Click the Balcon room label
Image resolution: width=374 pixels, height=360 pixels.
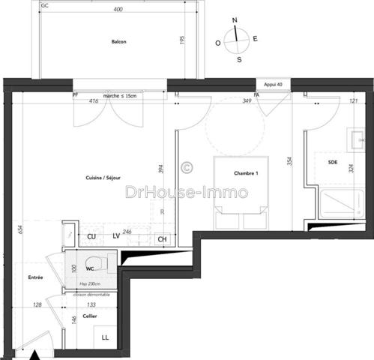(x=117, y=42)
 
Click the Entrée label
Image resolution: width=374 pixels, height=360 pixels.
(x=35, y=278)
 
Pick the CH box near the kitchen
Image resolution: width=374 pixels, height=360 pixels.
(x=162, y=239)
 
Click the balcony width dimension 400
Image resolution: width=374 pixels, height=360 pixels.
(x=117, y=10)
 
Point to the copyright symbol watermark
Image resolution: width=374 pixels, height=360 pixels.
(x=187, y=167)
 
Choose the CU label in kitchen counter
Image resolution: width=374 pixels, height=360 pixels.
(x=91, y=236)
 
